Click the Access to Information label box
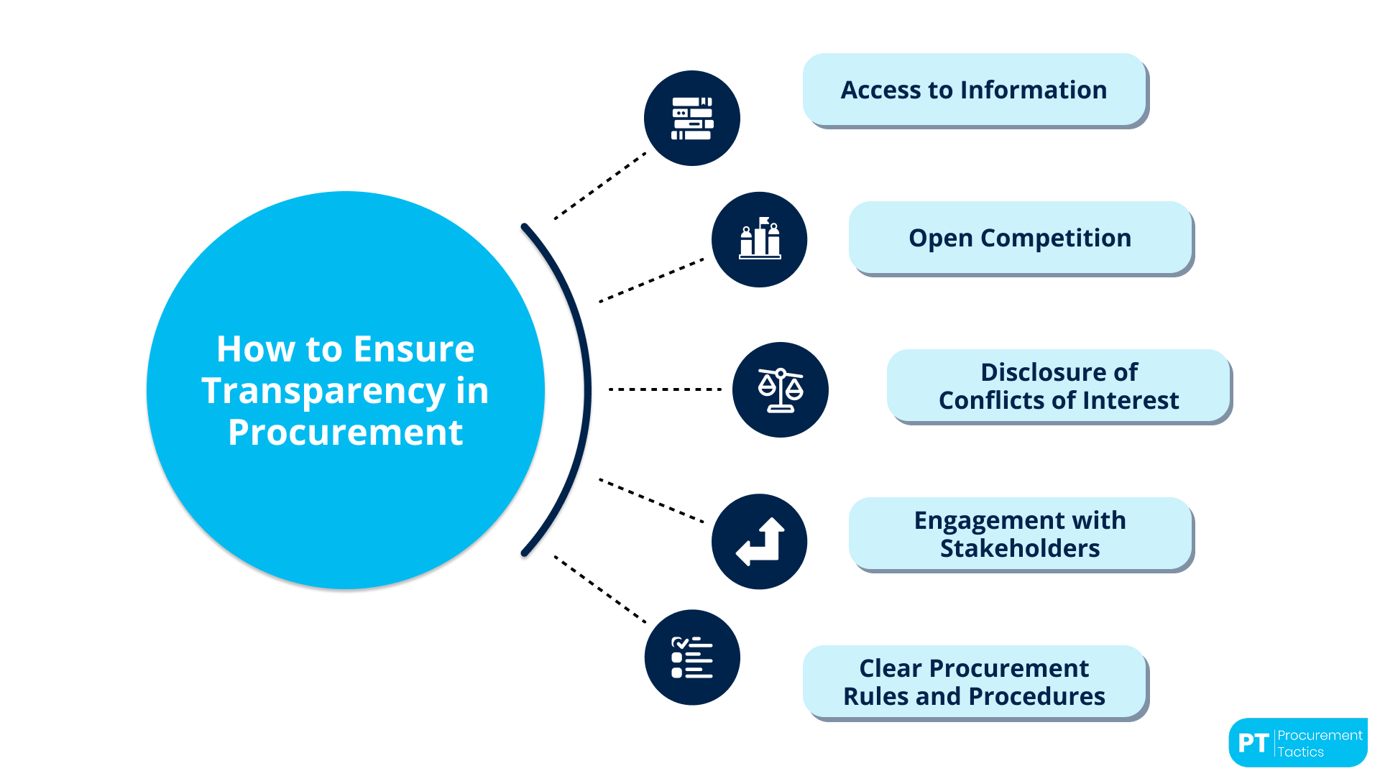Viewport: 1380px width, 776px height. (x=974, y=90)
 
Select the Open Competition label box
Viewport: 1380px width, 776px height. (x=1020, y=238)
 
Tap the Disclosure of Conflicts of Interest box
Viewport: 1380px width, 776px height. (x=1059, y=386)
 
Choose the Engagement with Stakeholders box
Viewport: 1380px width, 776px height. (x=1020, y=534)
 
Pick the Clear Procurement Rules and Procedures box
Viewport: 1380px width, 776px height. (x=974, y=682)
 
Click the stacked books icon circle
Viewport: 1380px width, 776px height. (x=691, y=119)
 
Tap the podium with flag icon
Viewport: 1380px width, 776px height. (x=760, y=239)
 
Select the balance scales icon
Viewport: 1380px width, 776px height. (x=781, y=389)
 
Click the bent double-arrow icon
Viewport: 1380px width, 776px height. (x=760, y=541)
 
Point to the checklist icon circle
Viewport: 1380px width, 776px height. (x=691, y=657)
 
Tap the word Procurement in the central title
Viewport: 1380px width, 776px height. (x=345, y=433)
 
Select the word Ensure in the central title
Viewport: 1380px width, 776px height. (x=413, y=350)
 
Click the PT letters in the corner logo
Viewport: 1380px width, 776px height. (x=1253, y=743)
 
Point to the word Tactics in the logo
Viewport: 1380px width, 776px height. (x=1300, y=752)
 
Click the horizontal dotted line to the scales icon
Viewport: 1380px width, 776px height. (x=665, y=389)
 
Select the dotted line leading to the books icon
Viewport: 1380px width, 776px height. (x=600, y=186)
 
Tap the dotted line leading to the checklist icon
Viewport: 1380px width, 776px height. (x=600, y=589)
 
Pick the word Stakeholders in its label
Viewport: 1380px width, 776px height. (x=1020, y=548)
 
